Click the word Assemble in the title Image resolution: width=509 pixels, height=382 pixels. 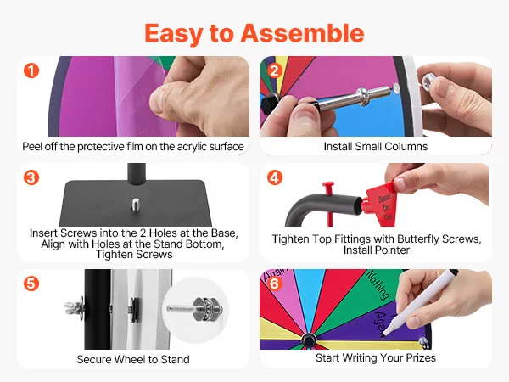[302, 33]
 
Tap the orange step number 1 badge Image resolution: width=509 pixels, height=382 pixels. [31, 70]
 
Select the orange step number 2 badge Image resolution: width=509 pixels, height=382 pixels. [275, 70]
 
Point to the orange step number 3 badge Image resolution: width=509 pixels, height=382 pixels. [31, 177]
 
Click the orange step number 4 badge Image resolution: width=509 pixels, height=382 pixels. [275, 177]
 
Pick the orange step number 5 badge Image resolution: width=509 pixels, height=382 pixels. [31, 284]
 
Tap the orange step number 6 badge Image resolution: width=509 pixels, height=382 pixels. [275, 284]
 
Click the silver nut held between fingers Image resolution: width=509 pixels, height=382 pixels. [428, 81]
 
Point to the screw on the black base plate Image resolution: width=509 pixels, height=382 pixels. [136, 205]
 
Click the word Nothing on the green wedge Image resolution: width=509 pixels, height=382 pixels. [378, 284]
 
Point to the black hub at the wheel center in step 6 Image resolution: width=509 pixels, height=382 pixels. [309, 340]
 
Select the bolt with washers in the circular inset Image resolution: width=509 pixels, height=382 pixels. [195, 309]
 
